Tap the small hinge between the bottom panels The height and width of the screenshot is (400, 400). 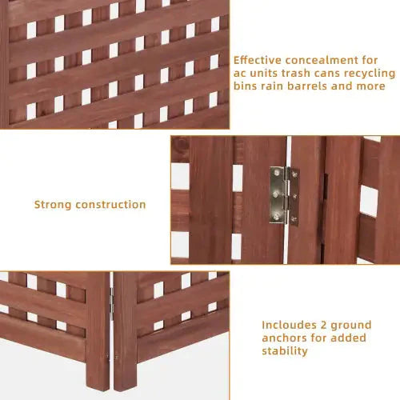click(x=111, y=302)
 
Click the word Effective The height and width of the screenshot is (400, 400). click(x=258, y=59)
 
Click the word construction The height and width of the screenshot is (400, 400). click(x=111, y=205)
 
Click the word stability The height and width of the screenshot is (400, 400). click(x=284, y=352)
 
